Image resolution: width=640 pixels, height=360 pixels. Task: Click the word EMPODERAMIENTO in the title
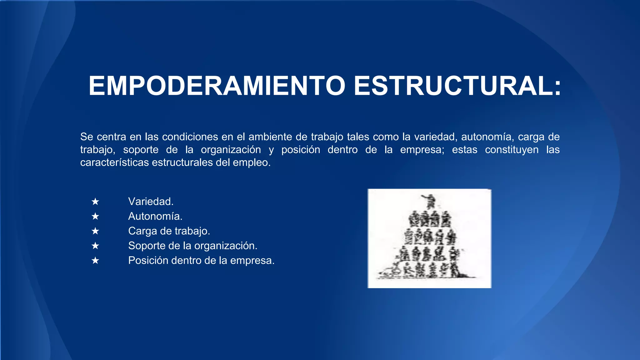point(217,86)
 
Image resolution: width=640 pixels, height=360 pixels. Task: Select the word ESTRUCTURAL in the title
point(457,86)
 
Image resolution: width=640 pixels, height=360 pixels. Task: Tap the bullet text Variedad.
point(151,202)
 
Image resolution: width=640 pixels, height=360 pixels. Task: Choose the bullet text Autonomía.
point(155,216)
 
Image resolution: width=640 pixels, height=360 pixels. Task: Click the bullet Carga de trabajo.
point(169,231)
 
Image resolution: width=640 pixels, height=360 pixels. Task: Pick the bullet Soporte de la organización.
point(192,246)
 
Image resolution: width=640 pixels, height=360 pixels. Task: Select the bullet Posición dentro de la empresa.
point(201,260)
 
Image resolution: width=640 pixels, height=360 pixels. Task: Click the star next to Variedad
point(95,202)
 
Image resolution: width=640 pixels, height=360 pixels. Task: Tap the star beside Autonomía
point(95,216)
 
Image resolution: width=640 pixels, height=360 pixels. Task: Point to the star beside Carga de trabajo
point(95,231)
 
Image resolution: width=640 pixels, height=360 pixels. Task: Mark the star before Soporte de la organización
point(95,246)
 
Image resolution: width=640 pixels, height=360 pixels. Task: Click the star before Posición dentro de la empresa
point(95,260)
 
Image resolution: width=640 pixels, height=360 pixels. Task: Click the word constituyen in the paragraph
point(512,150)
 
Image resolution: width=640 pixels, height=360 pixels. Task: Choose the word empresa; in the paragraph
point(422,150)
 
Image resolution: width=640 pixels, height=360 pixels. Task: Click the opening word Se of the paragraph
point(87,137)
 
